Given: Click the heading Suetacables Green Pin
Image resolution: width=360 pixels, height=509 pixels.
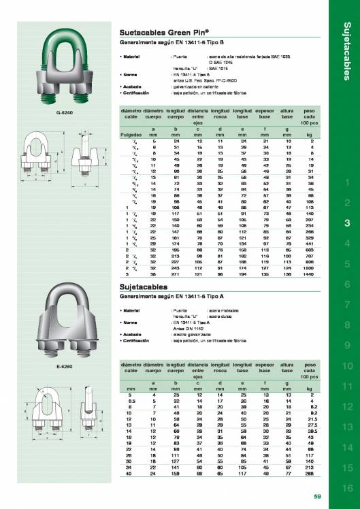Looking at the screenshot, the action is tap(154, 32).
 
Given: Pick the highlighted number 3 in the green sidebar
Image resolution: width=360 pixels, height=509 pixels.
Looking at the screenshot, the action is tap(347, 223).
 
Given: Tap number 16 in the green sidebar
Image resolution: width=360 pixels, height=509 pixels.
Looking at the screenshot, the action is tap(347, 488).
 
